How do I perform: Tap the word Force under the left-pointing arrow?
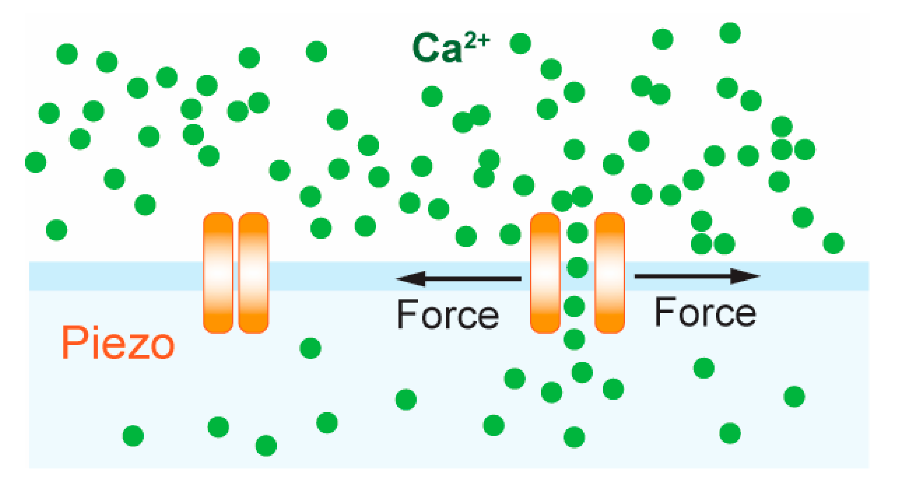click(448, 314)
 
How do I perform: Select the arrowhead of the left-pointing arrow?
click(411, 278)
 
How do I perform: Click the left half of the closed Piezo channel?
click(218, 273)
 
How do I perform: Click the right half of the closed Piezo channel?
click(254, 273)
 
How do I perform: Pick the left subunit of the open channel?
click(545, 273)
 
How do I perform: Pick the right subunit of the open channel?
click(609, 273)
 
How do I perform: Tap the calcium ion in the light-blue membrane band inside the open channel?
click(577, 267)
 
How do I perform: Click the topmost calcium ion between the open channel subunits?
click(577, 232)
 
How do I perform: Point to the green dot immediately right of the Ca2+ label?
click(520, 44)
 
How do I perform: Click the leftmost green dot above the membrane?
click(35, 162)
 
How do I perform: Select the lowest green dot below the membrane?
click(266, 446)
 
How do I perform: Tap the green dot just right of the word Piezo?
click(310, 348)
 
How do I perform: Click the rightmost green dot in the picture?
click(834, 243)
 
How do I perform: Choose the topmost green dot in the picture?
click(730, 33)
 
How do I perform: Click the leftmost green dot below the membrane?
click(133, 435)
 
